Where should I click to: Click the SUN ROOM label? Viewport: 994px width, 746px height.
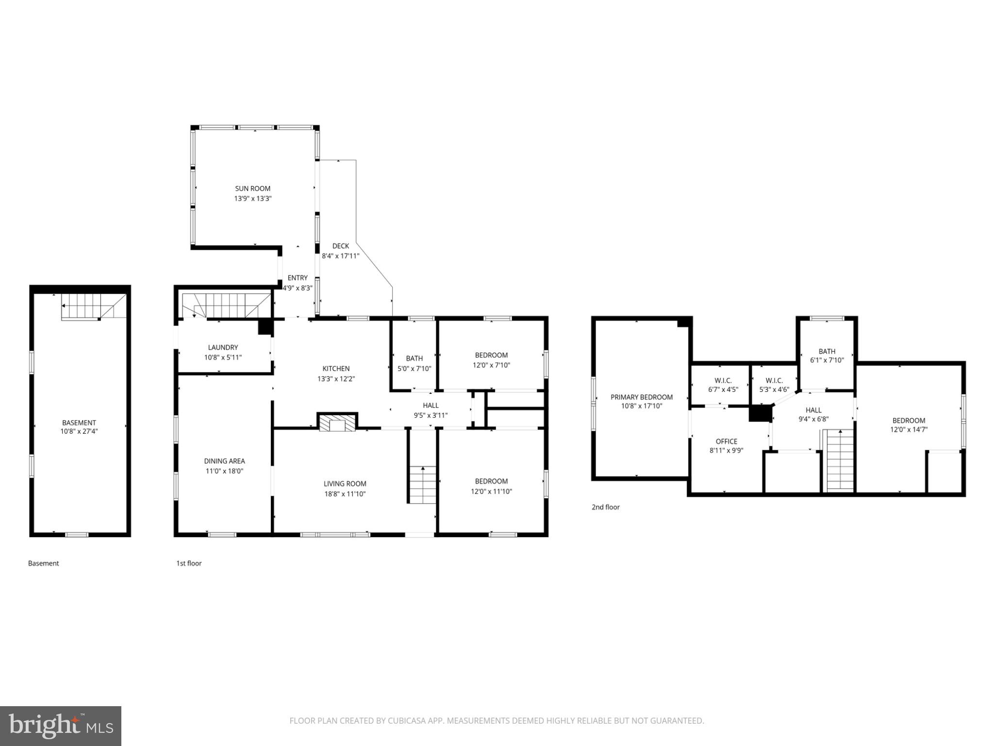point(252,188)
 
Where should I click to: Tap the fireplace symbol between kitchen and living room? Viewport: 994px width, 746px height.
point(337,423)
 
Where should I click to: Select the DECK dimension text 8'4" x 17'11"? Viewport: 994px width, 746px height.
point(341,256)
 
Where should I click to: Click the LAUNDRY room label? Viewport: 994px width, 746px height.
point(223,347)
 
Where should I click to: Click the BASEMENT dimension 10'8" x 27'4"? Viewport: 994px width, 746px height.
point(79,431)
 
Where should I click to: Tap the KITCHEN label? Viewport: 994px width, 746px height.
point(336,369)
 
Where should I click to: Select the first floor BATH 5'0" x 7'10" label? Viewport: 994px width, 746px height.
point(414,363)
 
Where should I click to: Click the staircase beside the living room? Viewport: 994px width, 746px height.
point(422,485)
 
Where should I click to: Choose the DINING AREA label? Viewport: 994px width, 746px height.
point(224,461)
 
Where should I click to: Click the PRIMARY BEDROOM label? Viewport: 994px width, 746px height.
point(641,397)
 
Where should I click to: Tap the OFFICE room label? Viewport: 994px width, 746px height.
point(726,441)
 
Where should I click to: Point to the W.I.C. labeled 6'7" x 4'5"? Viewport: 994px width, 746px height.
point(723,385)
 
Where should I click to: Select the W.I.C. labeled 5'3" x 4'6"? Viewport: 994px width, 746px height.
point(774,385)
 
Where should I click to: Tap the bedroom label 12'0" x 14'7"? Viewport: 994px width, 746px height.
point(909,425)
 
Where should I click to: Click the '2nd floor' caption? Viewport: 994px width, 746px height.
point(605,507)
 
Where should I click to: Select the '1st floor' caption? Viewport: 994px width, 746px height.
point(189,563)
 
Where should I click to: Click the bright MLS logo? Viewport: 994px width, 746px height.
point(60,726)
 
